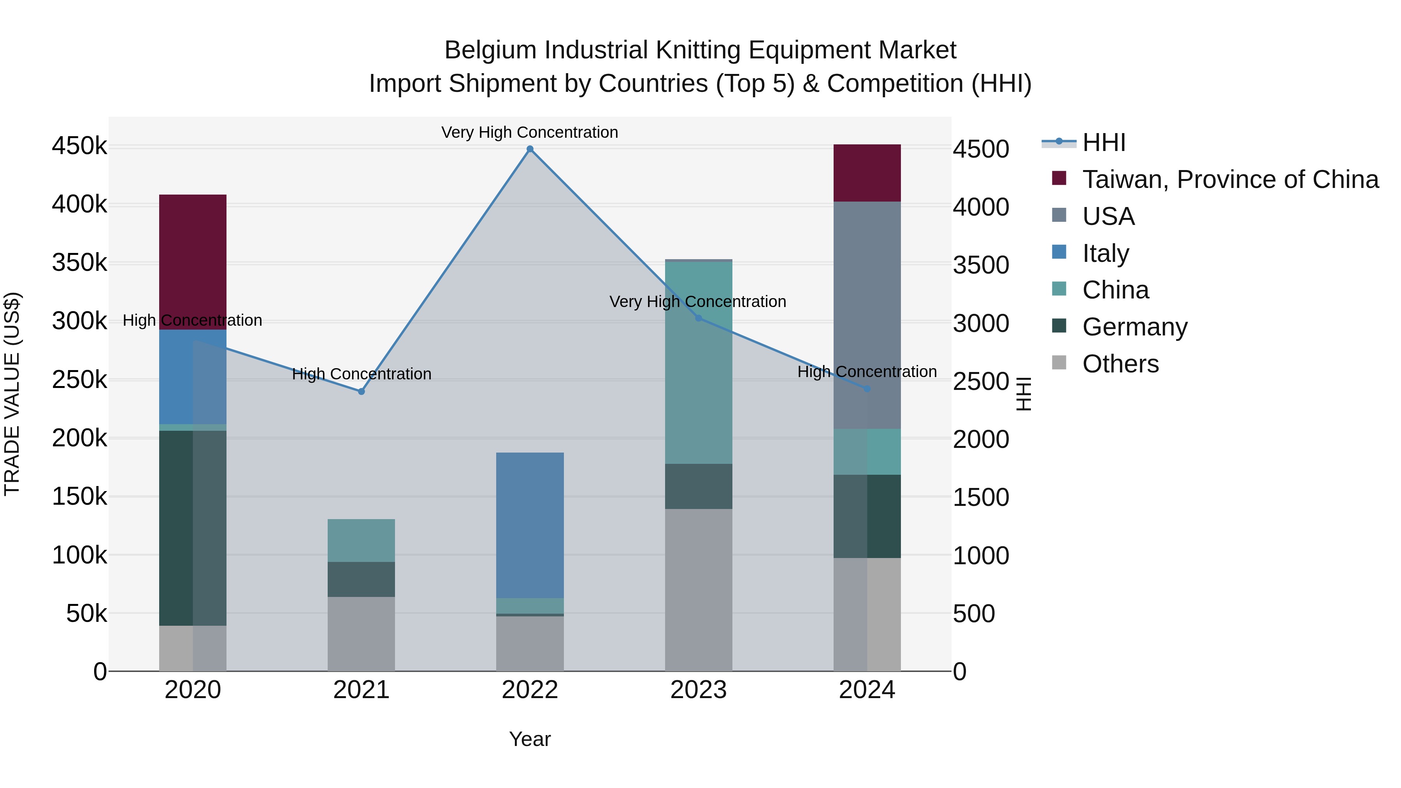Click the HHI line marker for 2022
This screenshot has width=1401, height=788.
[x=530, y=149]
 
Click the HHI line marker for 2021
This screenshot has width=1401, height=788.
[x=361, y=391]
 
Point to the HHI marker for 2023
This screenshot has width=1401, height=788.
[x=698, y=318]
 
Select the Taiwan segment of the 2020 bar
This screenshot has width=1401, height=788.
[x=193, y=261]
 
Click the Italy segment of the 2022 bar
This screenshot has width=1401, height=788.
[x=530, y=525]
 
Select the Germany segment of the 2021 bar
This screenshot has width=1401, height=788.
[x=361, y=579]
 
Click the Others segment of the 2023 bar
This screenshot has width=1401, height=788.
[x=698, y=590]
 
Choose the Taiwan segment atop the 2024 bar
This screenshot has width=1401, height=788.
[x=867, y=173]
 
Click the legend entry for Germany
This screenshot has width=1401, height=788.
[x=1134, y=327]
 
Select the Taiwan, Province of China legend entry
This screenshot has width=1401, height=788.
[x=1230, y=179]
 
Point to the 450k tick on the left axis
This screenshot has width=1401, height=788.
[x=79, y=146]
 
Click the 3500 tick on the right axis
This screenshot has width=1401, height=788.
[x=981, y=265]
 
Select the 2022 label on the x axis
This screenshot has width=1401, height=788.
[x=530, y=690]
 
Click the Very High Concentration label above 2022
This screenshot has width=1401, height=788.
[x=530, y=132]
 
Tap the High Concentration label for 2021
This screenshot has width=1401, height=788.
[x=361, y=374]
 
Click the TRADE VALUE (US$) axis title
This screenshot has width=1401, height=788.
[x=12, y=394]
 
